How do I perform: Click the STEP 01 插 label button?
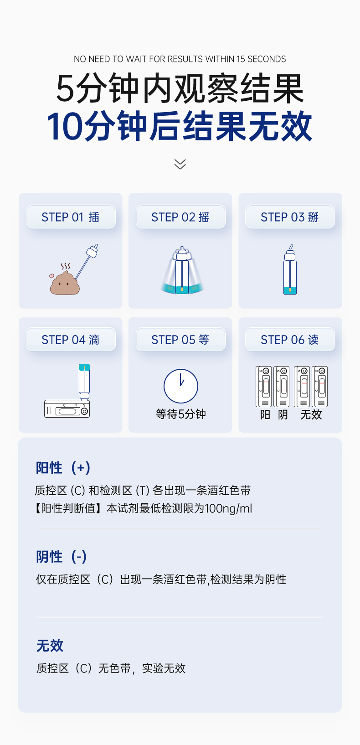[71, 217]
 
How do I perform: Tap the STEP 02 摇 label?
[180, 217]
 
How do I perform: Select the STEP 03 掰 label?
[290, 217]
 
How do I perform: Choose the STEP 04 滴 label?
[71, 340]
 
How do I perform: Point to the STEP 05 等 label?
[180, 340]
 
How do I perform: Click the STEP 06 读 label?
[290, 340]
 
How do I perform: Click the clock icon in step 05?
[181, 386]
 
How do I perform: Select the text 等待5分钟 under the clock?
[181, 414]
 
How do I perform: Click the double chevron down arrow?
[180, 164]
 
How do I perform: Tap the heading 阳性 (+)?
[63, 468]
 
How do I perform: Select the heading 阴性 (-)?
[62, 556]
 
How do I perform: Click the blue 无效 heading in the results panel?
[50, 646]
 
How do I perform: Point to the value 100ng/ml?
[228, 508]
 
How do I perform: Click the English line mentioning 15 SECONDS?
[180, 59]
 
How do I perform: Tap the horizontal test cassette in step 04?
[67, 409]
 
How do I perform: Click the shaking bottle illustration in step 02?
[182, 270]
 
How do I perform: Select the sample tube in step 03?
[290, 270]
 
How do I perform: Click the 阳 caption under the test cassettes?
[265, 415]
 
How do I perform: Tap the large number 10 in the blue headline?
[65, 126]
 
